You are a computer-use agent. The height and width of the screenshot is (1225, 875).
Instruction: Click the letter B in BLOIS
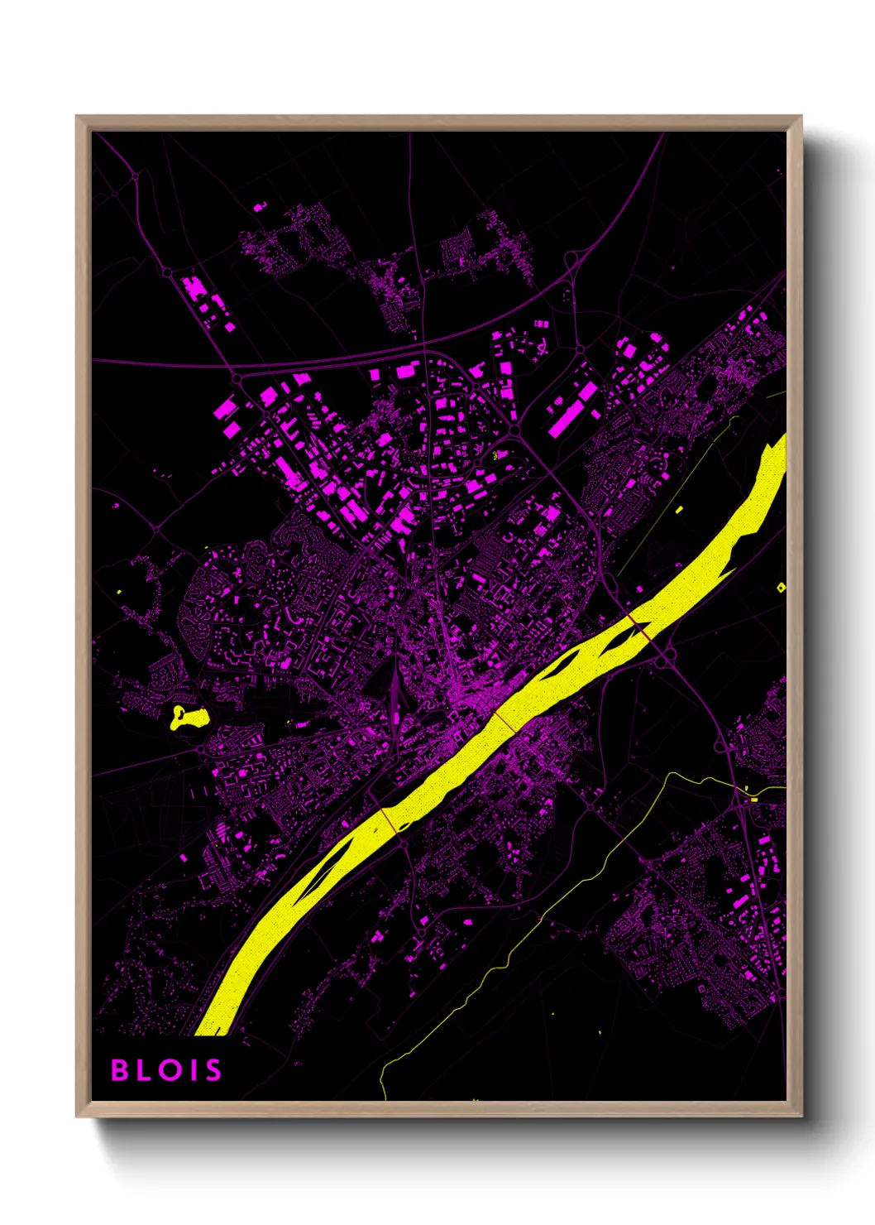point(120,1070)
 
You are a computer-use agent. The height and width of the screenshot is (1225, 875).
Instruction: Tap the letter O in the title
point(169,1070)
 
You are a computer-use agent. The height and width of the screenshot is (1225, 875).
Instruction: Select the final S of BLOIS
point(213,1070)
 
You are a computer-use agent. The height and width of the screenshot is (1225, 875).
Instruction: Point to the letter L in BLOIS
point(144,1070)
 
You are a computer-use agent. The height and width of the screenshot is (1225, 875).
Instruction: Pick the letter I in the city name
point(192,1070)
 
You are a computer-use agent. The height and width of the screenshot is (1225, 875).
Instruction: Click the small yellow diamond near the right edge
point(782,588)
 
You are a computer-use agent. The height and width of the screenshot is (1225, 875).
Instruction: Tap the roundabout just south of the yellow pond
point(201,749)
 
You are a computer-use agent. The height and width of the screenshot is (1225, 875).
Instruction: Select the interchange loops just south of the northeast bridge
point(667,658)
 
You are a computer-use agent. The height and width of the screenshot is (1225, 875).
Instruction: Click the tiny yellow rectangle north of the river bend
point(680,510)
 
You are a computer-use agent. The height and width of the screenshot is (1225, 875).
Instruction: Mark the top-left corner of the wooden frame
point(78,118)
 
